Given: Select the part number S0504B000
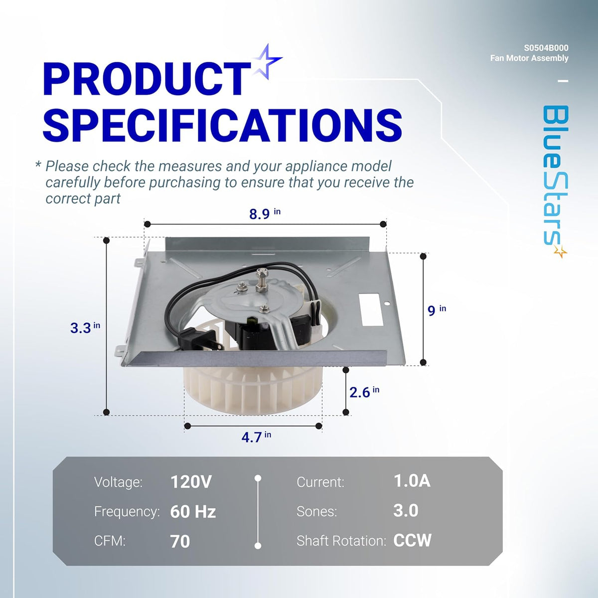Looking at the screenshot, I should (546, 48).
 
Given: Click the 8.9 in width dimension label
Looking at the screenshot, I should (264, 214).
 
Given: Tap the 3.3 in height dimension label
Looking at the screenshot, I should (85, 327).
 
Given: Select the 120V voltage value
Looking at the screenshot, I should (191, 482).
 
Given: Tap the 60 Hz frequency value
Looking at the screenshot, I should (193, 512).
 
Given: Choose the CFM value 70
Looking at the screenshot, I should (180, 542).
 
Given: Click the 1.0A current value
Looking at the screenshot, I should (412, 481).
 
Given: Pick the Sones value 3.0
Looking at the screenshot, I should (406, 511).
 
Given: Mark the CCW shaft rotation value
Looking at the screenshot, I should (412, 541).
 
